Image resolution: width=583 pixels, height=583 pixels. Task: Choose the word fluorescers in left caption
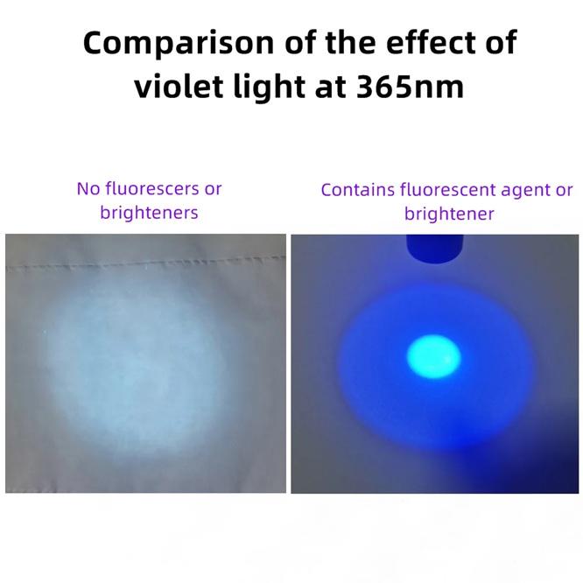pyautogui.click(x=152, y=188)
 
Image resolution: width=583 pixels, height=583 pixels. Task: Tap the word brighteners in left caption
pyautogui.click(x=149, y=212)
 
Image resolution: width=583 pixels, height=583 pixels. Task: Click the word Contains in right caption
pyautogui.click(x=358, y=190)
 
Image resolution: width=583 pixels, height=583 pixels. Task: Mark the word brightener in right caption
pyautogui.click(x=449, y=214)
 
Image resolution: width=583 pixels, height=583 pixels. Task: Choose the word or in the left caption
pyautogui.click(x=213, y=188)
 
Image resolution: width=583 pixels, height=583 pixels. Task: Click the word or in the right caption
pyautogui.click(x=565, y=190)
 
